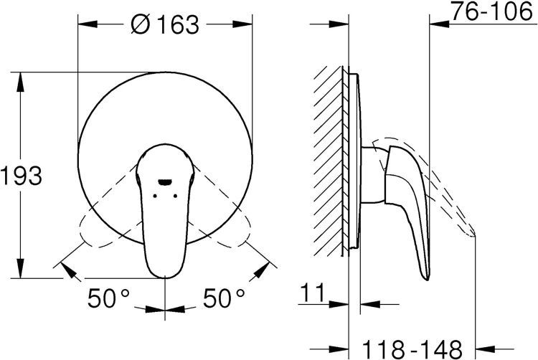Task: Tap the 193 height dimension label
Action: pyautogui.click(x=22, y=176)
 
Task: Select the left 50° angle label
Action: pyautogui.click(x=109, y=298)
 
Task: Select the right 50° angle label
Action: pyautogui.click(x=224, y=298)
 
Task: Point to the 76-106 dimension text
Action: pyautogui.click(x=491, y=11)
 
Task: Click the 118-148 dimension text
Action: pyautogui.click(x=412, y=350)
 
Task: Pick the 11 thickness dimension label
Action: pyautogui.click(x=312, y=293)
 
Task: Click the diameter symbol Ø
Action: pyautogui.click(x=141, y=24)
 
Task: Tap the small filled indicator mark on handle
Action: pyautogui.click(x=165, y=182)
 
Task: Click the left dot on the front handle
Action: pyautogui.click(x=155, y=196)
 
